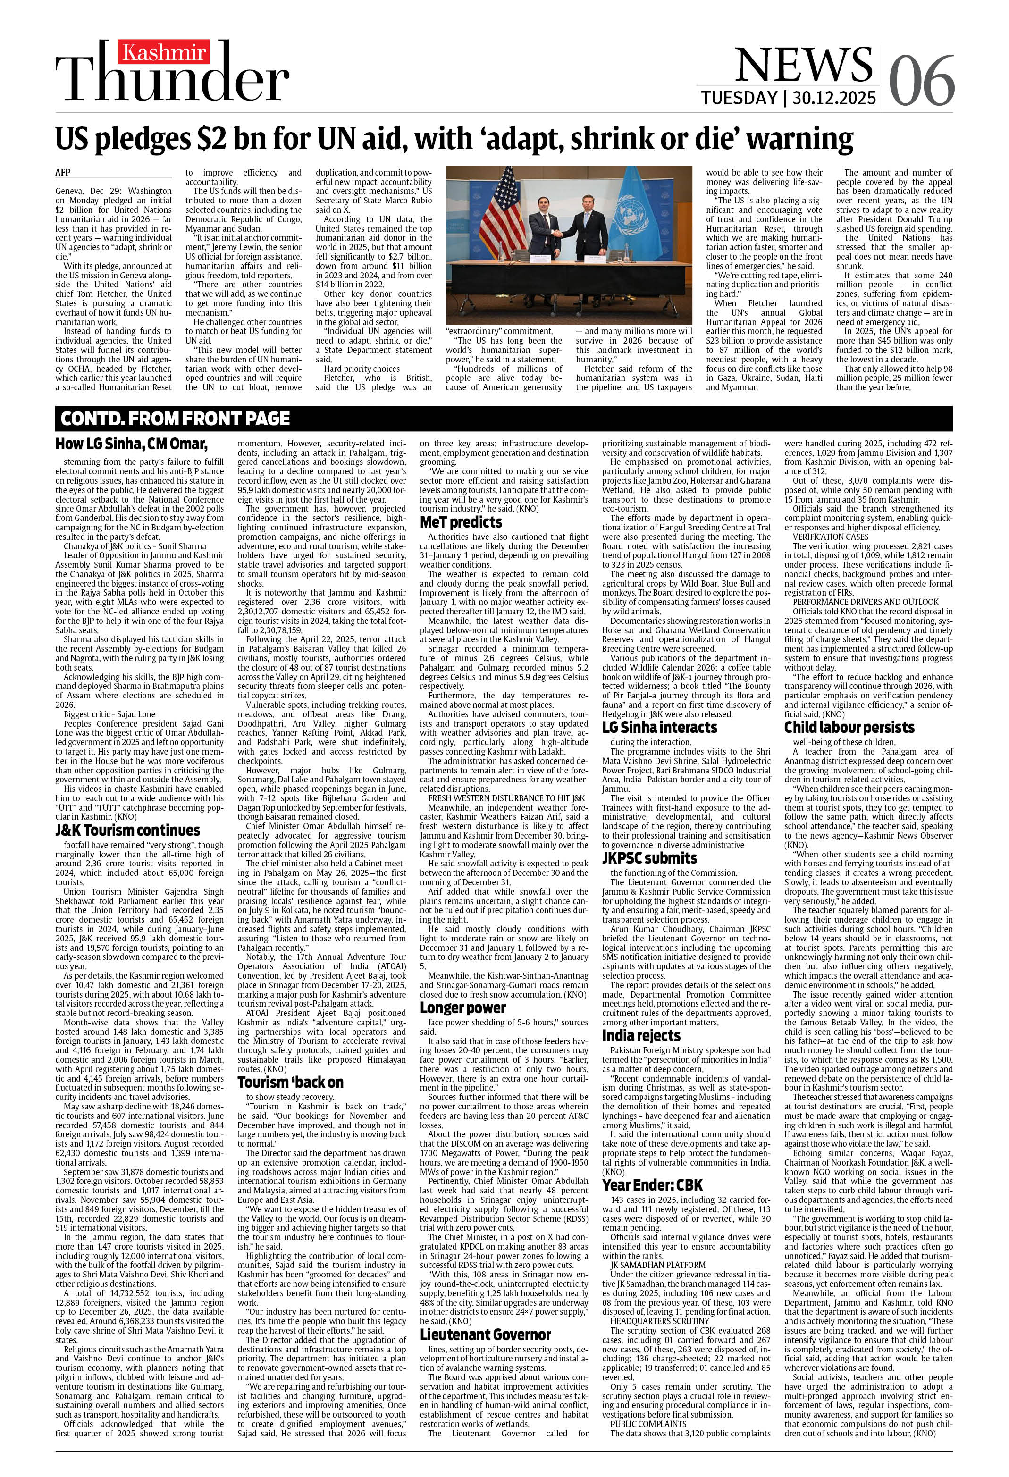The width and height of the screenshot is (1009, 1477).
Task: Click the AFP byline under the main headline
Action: point(62,172)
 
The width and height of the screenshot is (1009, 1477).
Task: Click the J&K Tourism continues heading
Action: point(128,830)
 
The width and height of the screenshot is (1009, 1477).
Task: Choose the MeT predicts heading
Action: point(461,522)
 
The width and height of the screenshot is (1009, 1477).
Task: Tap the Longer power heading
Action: point(463,1007)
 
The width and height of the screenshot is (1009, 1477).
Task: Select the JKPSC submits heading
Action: point(649,858)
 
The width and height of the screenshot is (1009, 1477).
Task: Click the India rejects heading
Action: point(641,1035)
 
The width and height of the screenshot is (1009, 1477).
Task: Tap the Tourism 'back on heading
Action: point(291,1083)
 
